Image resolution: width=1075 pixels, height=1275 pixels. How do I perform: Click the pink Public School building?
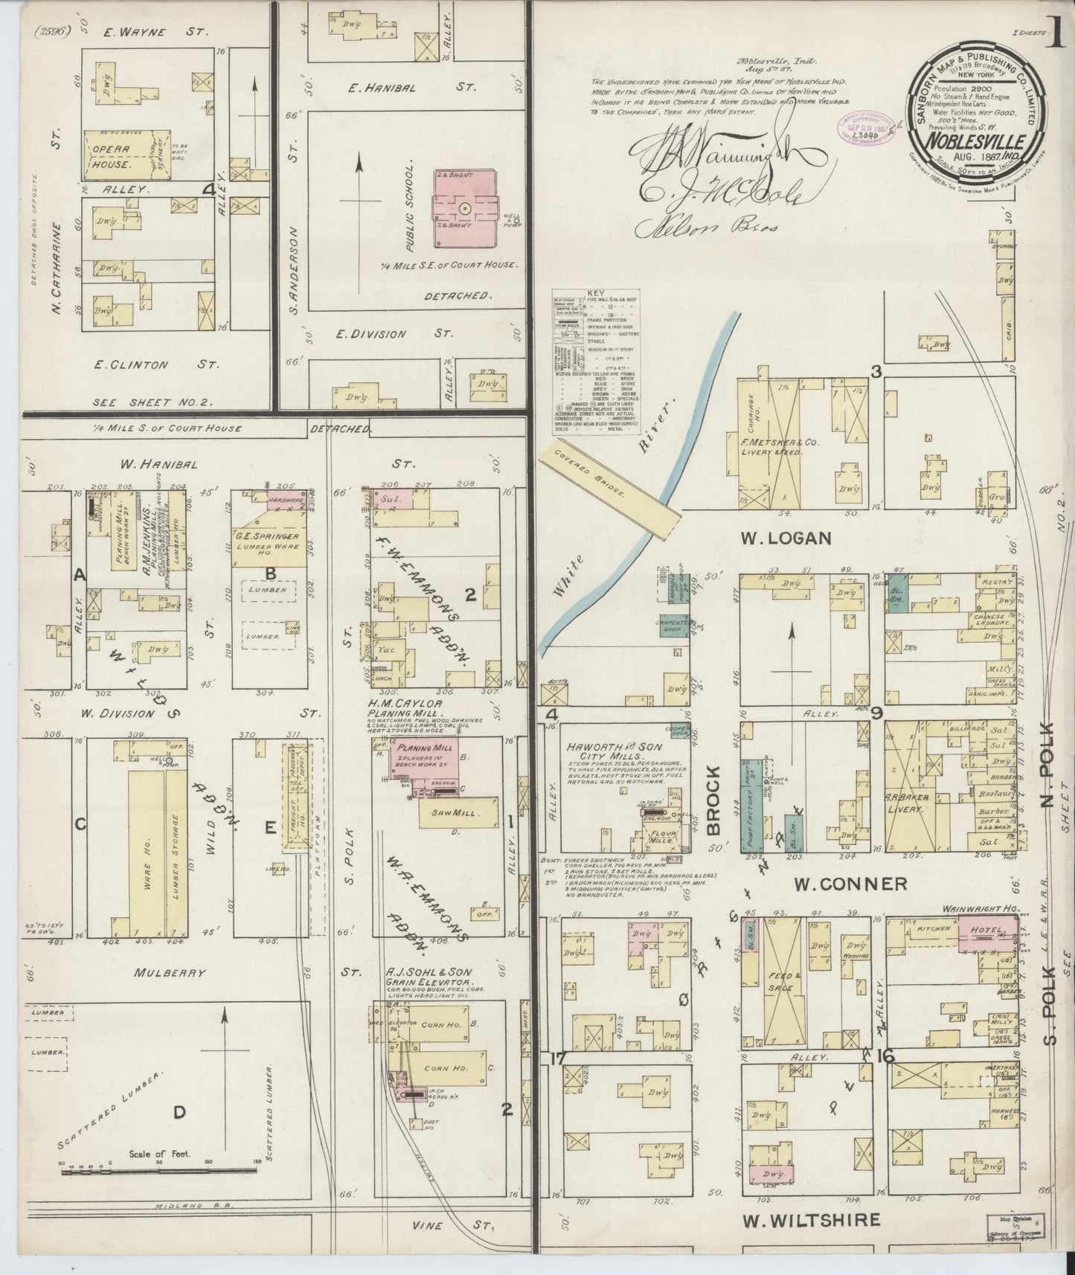pos(465,208)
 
